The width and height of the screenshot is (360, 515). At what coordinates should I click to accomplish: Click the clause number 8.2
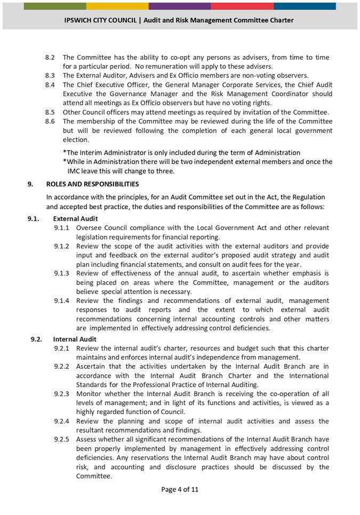pos(50,57)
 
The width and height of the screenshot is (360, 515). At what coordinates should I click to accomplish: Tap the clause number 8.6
pos(50,121)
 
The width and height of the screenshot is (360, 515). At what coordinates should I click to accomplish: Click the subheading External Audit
pos(75,218)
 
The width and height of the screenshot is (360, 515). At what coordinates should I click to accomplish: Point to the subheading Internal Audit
pos(75,339)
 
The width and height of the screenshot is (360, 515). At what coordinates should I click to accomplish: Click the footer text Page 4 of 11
pos(180,489)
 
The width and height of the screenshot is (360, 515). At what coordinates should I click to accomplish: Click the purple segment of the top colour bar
pos(180,6)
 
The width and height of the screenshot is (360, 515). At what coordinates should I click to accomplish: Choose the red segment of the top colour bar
pos(242,6)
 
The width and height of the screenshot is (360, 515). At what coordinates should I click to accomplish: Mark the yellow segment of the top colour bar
pos(117,6)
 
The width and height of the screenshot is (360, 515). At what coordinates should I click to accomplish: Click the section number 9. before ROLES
pos(31,184)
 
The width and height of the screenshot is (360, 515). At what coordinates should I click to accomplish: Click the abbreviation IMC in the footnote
pos(77,171)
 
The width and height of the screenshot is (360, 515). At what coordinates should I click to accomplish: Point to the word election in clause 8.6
pos(76,139)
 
